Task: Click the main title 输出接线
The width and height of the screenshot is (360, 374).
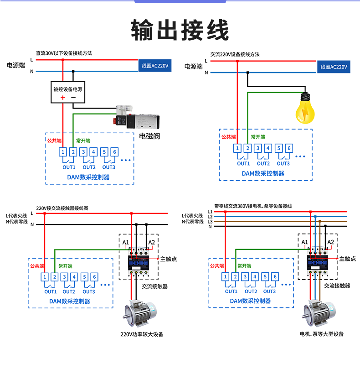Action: (x=180, y=31)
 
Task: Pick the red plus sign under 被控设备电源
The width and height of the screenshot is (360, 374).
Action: (x=63, y=98)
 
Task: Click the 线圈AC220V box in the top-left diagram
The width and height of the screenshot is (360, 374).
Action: (x=155, y=66)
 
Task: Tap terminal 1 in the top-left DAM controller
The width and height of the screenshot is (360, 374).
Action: (x=63, y=152)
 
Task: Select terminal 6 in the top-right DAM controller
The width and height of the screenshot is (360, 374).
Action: (x=289, y=148)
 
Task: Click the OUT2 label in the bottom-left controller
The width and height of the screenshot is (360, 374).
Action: (x=69, y=291)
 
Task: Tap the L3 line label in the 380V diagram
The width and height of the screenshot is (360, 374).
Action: (x=210, y=221)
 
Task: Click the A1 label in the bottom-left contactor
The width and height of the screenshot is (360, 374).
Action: (x=126, y=242)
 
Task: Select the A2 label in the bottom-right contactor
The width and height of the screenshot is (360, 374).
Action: (x=331, y=242)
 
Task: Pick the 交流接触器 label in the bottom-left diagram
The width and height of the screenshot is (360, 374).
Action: (x=155, y=286)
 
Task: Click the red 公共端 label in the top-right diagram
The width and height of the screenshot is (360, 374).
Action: (x=228, y=137)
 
